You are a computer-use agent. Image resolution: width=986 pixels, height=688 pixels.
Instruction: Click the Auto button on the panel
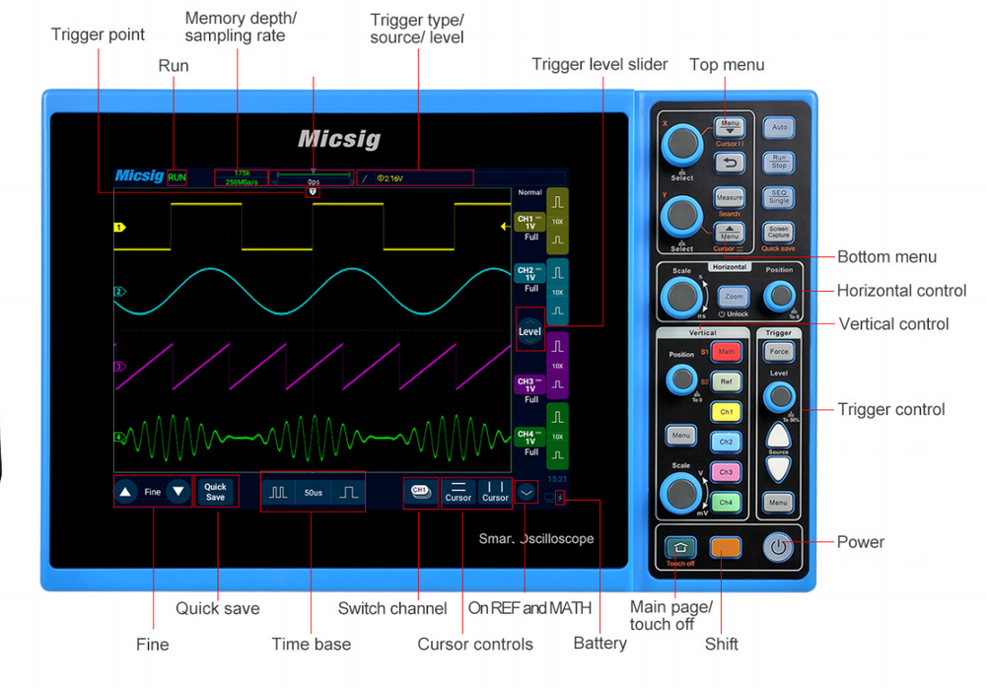[x=779, y=128]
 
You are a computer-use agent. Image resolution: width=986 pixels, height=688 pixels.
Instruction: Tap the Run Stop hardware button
[x=779, y=163]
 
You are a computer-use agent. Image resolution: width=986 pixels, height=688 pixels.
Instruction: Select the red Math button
[x=727, y=352]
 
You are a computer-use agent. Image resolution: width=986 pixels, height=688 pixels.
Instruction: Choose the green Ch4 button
[x=726, y=503]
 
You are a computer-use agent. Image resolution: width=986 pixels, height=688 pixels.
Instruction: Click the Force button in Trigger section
[x=779, y=352]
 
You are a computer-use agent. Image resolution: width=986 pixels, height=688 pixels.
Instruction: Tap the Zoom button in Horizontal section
[x=734, y=296]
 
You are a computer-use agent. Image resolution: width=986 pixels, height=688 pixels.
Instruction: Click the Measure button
[x=730, y=197]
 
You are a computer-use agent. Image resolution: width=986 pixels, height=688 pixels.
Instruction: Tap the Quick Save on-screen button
[x=215, y=491]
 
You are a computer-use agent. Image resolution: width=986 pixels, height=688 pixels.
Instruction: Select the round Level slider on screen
[x=529, y=332]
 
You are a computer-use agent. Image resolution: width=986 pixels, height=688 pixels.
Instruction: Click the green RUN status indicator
[x=176, y=177]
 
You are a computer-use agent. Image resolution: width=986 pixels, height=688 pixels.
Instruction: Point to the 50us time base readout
[x=314, y=492]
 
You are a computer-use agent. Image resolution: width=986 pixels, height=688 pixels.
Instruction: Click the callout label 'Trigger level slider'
[x=599, y=65]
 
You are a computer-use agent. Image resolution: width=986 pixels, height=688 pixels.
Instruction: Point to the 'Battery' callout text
[x=599, y=643]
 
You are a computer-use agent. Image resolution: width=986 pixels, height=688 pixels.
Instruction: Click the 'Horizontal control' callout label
[x=902, y=291]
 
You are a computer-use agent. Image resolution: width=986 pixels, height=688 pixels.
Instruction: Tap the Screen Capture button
[x=779, y=233]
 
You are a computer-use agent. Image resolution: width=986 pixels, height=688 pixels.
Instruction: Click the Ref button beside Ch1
[x=727, y=381]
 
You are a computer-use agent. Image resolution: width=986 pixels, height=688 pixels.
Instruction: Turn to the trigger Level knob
[x=779, y=397]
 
